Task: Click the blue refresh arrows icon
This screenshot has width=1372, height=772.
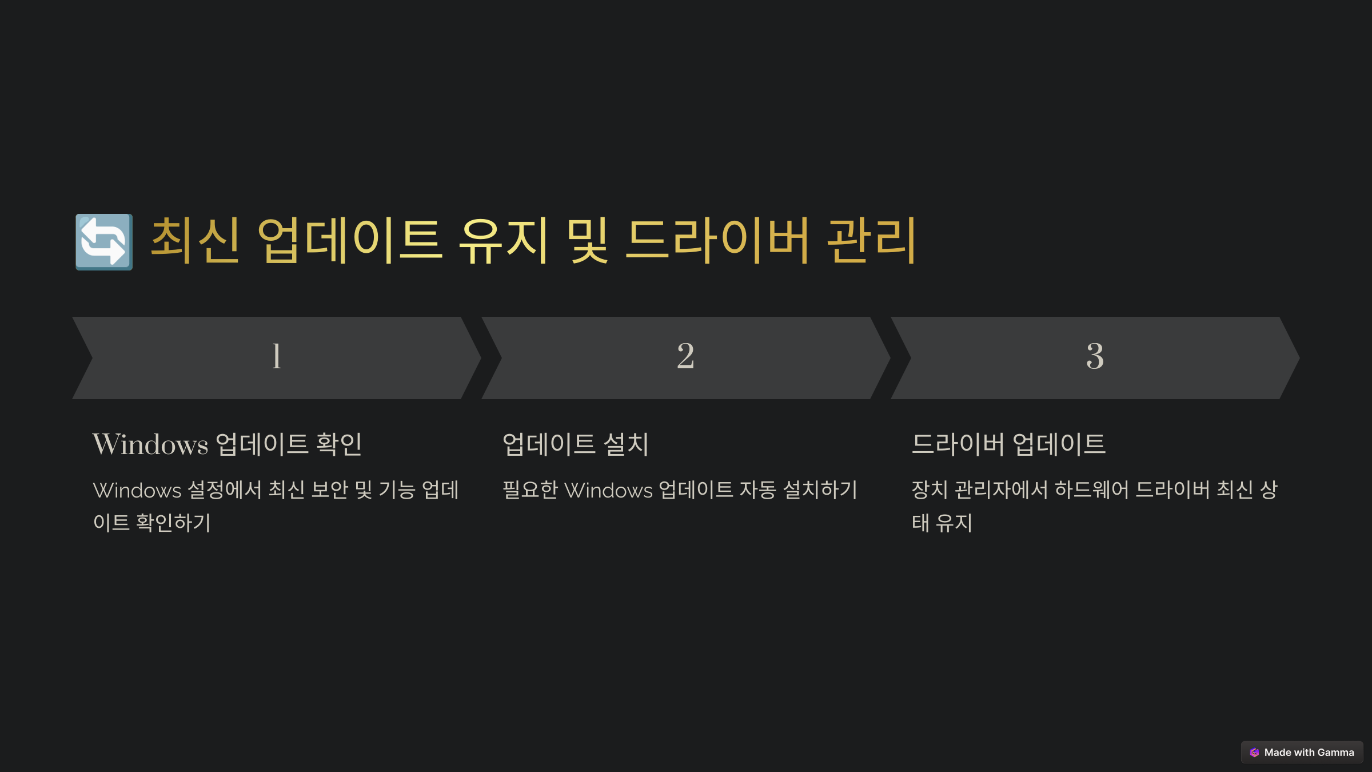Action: tap(104, 242)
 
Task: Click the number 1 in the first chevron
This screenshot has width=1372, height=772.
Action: tap(277, 356)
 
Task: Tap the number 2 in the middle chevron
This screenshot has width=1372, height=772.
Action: tap(685, 356)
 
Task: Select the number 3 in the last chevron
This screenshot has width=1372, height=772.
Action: tap(1095, 356)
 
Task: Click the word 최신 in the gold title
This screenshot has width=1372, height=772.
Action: tap(195, 241)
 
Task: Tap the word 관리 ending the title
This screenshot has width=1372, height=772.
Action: tap(872, 241)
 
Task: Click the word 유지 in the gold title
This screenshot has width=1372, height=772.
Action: tap(504, 241)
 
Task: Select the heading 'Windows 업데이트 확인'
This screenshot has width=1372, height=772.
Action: tap(227, 444)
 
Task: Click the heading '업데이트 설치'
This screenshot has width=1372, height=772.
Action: tap(576, 444)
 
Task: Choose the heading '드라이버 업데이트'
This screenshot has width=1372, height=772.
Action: tap(1008, 444)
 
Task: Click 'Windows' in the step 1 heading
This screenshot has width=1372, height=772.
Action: tap(150, 444)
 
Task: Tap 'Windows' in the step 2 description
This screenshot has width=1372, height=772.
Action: tap(608, 490)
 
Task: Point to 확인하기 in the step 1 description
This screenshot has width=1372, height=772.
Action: tap(173, 523)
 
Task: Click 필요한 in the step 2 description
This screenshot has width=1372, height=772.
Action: tap(530, 490)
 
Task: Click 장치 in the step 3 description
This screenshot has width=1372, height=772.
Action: tap(930, 490)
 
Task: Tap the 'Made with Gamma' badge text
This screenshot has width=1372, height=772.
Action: tap(1309, 753)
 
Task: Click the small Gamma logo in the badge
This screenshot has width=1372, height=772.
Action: tap(1254, 753)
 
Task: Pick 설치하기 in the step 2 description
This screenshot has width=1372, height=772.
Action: tap(820, 490)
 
